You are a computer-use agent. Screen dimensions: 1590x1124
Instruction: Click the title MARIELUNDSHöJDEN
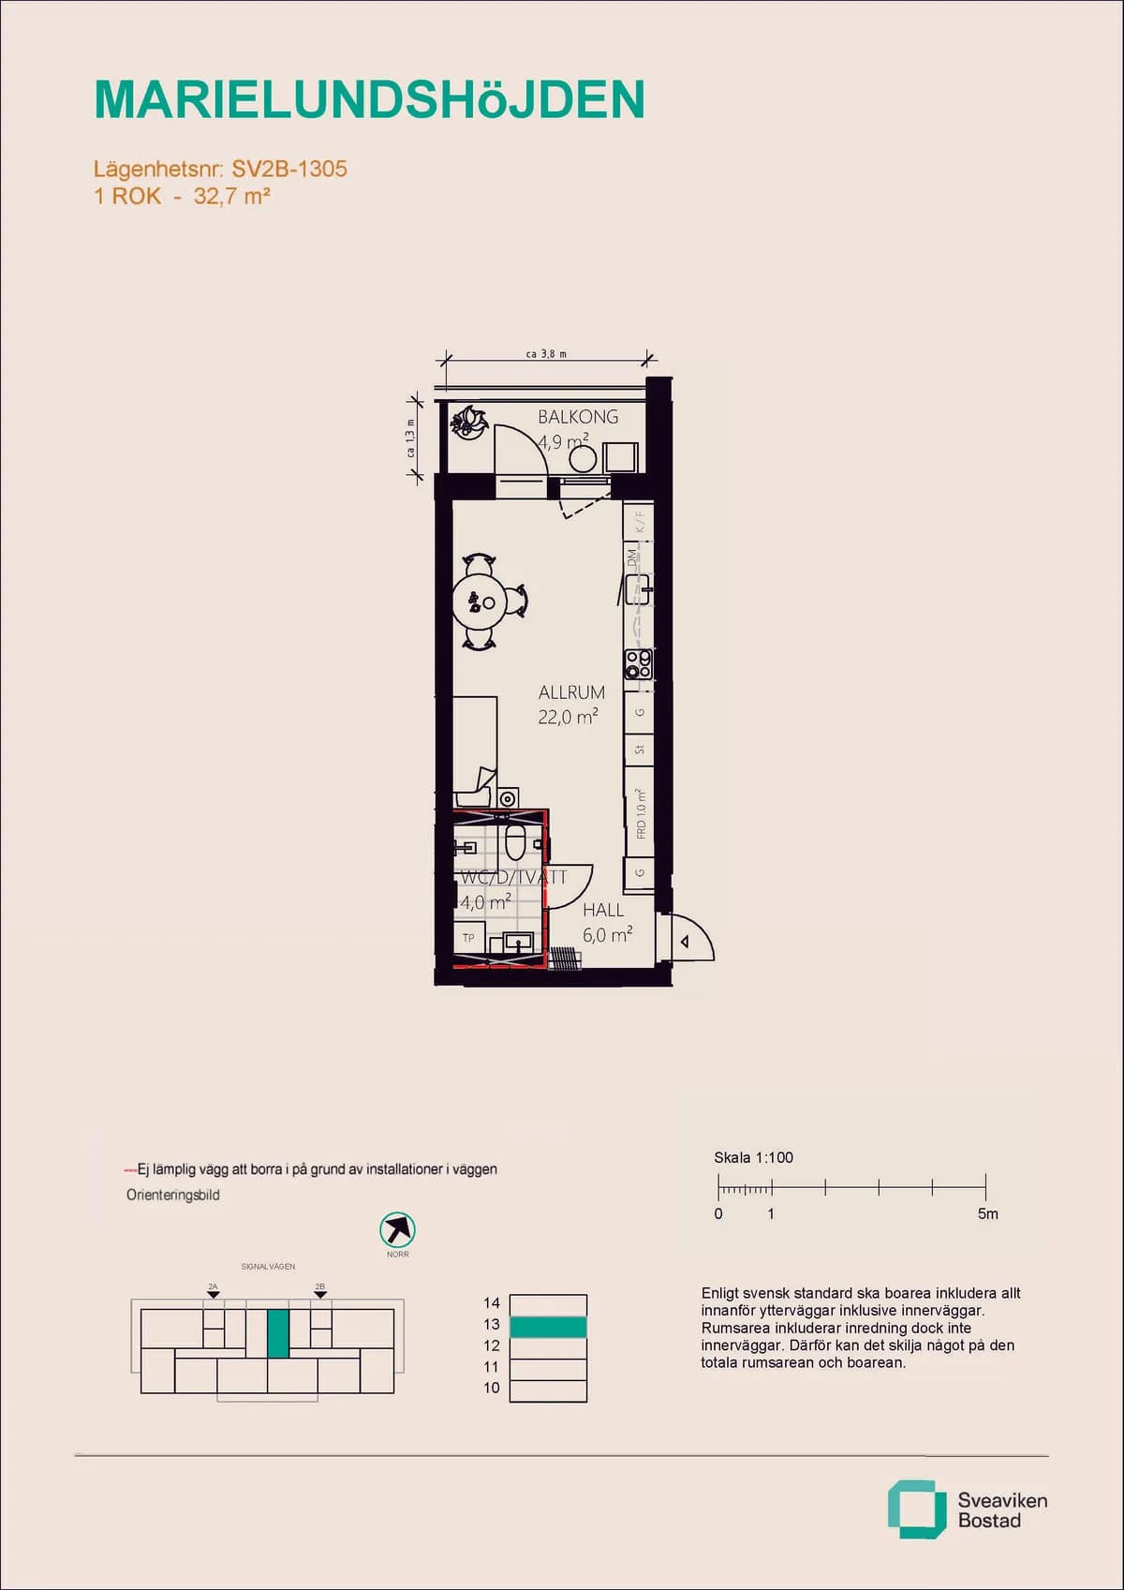(369, 99)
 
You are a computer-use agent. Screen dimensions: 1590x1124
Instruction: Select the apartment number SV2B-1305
(289, 169)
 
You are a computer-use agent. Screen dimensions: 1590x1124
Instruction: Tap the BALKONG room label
(578, 417)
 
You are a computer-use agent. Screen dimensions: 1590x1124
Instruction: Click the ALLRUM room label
(571, 692)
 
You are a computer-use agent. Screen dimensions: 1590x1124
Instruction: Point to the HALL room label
(603, 910)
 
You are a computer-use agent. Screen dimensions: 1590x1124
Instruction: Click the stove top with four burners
(639, 664)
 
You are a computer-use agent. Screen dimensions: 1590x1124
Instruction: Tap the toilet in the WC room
(515, 841)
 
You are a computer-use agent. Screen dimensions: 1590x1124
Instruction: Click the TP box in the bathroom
(468, 937)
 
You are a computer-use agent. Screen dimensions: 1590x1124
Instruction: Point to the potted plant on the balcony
(467, 422)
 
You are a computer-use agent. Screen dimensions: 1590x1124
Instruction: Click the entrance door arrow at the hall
(686, 942)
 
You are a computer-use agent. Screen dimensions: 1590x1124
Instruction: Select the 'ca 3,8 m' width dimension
(546, 354)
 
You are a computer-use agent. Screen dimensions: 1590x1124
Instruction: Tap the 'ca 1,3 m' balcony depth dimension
(410, 438)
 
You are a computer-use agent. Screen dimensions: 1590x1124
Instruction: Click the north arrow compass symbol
(397, 1229)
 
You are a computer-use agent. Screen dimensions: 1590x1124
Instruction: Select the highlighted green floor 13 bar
(548, 1326)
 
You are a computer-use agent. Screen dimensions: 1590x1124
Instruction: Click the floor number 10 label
(492, 1388)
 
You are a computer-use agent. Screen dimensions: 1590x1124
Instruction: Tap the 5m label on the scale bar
(987, 1213)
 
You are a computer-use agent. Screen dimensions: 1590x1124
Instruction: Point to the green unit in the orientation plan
(278, 1333)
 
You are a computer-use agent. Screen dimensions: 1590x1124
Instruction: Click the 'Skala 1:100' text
(753, 1157)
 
